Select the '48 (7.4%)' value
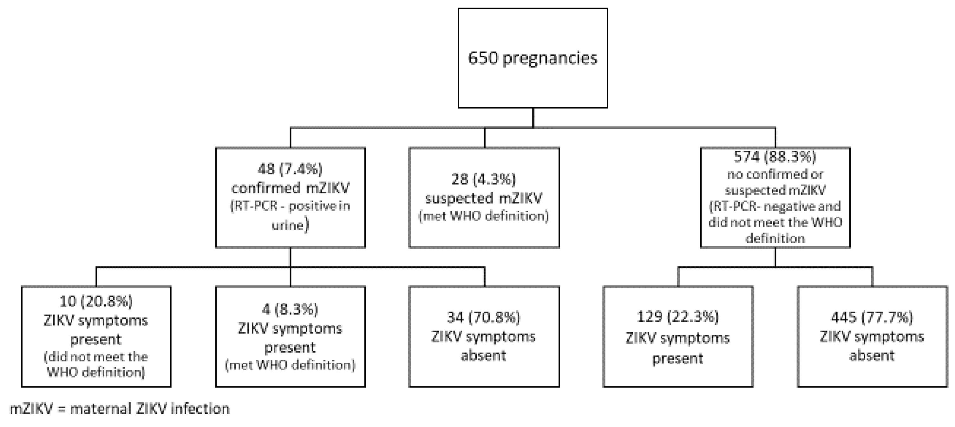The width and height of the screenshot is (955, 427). [290, 169]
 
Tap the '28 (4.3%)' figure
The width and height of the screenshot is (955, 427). [483, 180]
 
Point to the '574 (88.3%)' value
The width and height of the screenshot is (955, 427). [775, 157]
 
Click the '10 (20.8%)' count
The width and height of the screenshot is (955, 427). [96, 302]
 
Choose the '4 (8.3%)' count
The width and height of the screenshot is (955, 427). [290, 309]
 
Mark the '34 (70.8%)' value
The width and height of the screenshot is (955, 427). [483, 317]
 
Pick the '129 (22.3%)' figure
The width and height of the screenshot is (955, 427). [678, 317]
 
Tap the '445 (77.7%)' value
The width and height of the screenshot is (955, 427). [872, 317]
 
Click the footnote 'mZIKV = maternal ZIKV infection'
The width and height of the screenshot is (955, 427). [119, 409]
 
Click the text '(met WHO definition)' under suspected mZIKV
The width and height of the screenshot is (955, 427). [483, 215]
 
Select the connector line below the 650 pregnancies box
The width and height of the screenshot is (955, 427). [533, 118]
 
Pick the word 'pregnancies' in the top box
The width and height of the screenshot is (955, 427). [549, 59]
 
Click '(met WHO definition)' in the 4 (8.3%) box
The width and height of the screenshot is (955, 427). [290, 365]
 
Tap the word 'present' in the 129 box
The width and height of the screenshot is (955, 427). [678, 359]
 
